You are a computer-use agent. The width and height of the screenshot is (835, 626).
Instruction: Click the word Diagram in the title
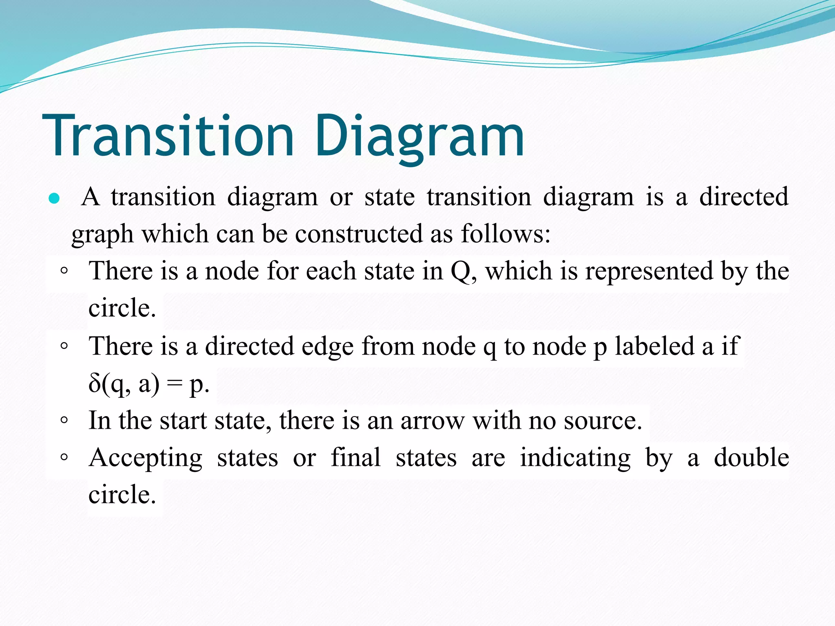tap(420, 135)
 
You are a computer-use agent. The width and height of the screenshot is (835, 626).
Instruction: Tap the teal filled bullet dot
tap(54, 199)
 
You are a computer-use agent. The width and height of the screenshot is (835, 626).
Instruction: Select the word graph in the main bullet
tap(102, 235)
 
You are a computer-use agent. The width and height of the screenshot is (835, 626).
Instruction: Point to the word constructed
tap(359, 234)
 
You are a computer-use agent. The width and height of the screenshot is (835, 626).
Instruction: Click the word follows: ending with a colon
tap(506, 234)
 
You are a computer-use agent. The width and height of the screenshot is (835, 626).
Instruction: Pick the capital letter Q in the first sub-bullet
tap(461, 271)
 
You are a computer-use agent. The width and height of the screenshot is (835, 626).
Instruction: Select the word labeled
tap(655, 346)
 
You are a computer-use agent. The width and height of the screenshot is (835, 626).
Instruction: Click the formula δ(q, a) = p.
tap(149, 384)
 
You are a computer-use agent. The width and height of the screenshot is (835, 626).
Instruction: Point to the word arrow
tap(432, 421)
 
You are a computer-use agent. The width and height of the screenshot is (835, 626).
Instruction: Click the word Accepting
tap(146, 458)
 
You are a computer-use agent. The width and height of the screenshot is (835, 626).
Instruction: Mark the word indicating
tap(575, 458)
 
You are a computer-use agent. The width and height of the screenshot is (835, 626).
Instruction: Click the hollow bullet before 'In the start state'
tap(64, 420)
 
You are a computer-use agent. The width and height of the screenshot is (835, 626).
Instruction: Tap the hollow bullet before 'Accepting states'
tap(64, 457)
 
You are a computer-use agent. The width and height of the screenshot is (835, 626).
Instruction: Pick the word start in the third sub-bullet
tap(183, 421)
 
